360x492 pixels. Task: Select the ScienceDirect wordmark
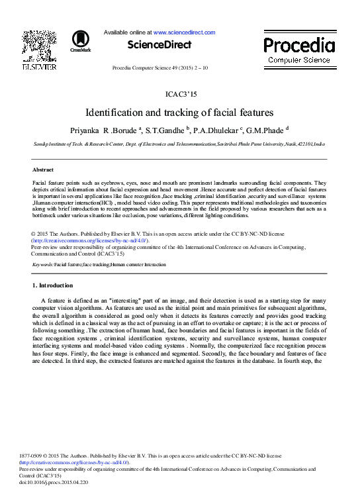pos(159,45)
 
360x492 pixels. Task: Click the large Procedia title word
pos(299,45)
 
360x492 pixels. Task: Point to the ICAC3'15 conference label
pos(179,95)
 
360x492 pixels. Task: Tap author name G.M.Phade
pos(266,130)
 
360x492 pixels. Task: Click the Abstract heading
pos(43,170)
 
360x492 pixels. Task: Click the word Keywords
pos(42,264)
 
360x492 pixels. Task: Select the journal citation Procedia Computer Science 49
pos(150,68)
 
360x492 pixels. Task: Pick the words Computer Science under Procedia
pos(299,60)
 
